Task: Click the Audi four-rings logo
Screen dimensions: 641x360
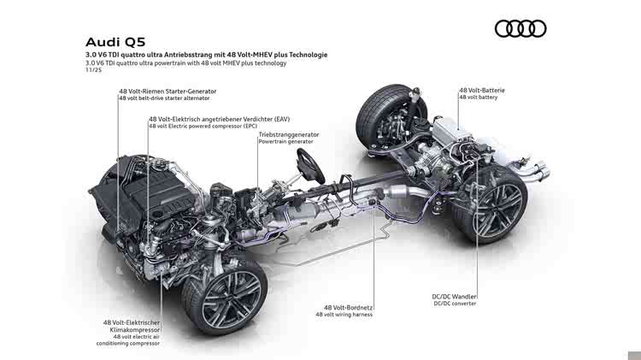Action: coord(520,28)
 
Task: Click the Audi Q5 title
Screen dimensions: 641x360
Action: coord(115,42)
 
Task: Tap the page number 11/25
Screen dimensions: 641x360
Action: coord(94,70)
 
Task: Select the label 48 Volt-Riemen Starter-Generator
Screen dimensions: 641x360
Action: coord(168,91)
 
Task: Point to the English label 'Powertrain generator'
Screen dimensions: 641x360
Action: coord(285,142)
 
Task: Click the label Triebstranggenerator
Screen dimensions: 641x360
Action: coord(289,134)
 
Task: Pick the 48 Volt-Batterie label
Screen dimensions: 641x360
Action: coord(482,90)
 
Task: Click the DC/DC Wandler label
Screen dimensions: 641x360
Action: coord(454,297)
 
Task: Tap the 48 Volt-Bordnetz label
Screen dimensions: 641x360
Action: coord(349,307)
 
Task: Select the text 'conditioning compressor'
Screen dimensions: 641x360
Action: coord(128,344)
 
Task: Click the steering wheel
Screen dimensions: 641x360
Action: coord(311,166)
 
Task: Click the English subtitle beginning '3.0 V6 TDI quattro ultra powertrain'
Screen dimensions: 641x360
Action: coord(186,63)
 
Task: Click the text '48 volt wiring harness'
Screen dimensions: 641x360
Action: coord(344,315)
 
